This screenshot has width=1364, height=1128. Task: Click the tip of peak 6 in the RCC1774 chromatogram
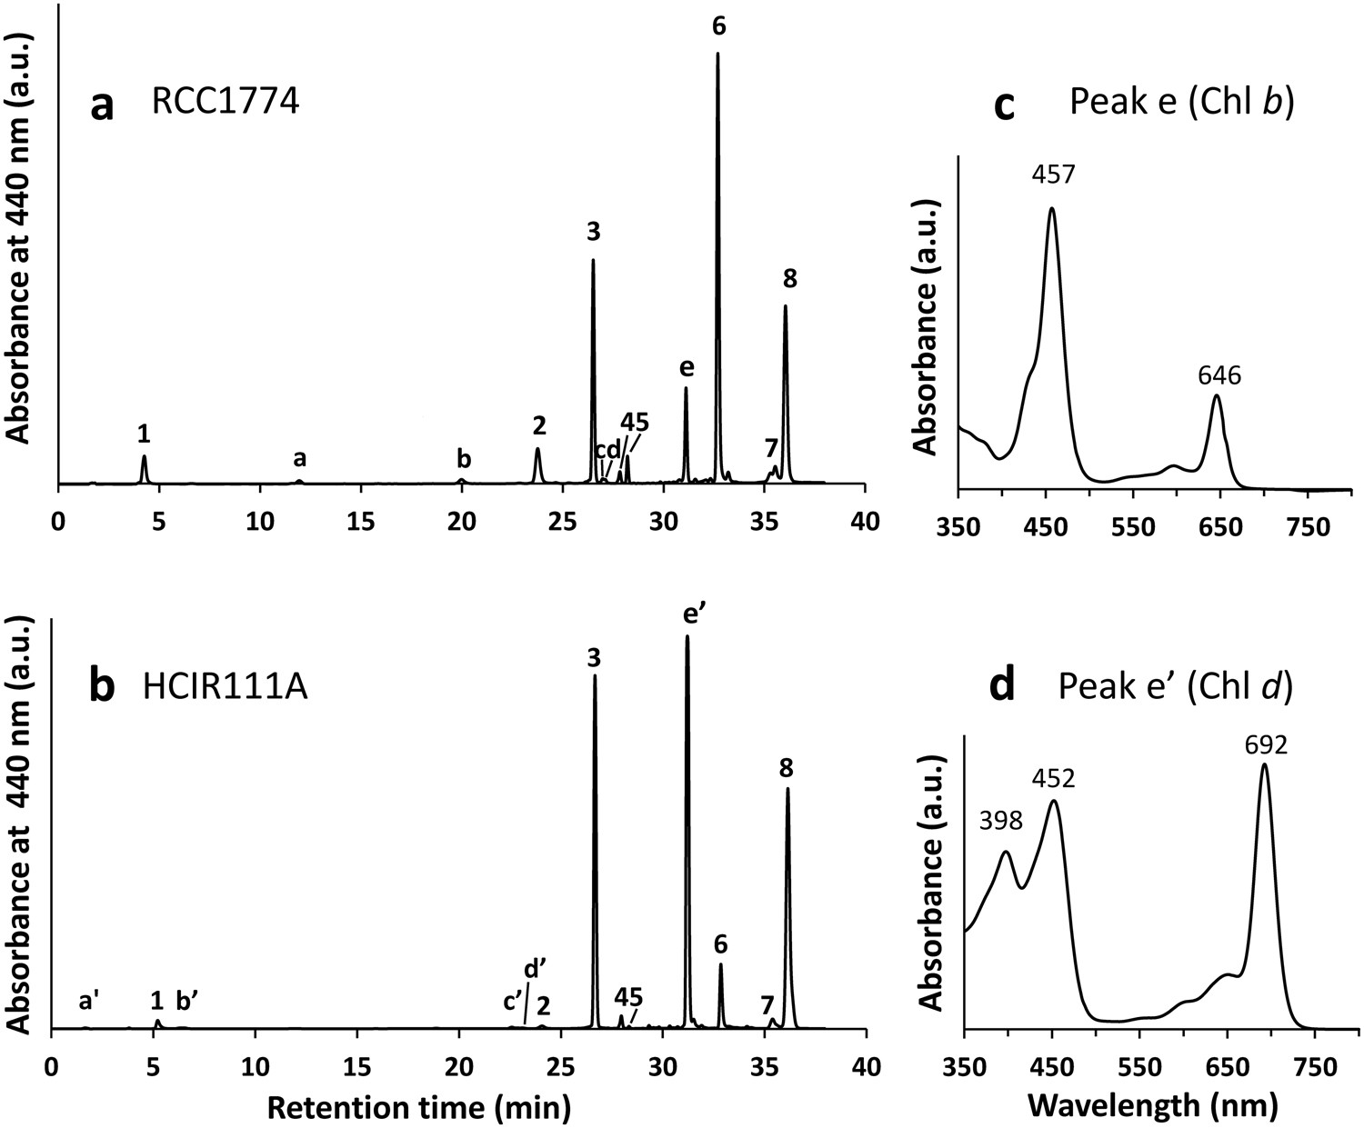(717, 54)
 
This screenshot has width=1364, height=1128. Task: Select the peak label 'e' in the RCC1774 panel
(687, 367)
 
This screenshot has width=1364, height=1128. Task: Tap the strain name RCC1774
(225, 103)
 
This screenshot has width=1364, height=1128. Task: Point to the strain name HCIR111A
(225, 687)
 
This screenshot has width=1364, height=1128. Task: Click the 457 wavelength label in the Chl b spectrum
(1053, 174)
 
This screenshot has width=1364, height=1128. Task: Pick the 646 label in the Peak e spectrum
(1219, 374)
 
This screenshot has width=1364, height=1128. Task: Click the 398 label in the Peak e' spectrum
(1001, 821)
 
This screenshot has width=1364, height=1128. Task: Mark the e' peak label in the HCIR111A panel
(696, 614)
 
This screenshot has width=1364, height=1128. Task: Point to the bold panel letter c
(1005, 105)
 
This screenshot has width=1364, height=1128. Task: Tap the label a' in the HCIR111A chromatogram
(89, 1001)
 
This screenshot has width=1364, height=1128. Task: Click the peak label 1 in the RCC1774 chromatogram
(143, 434)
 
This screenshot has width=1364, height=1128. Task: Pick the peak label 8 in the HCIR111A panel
(787, 768)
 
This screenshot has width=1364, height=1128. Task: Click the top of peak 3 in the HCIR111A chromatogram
(595, 675)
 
